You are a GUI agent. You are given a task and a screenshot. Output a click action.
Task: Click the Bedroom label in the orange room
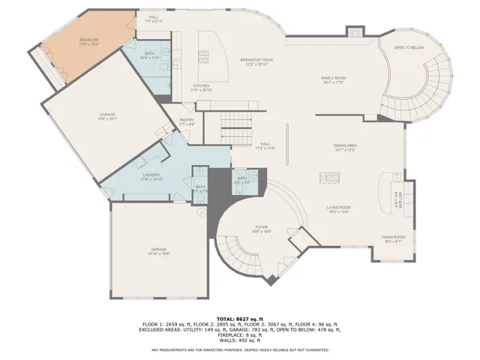(89, 42)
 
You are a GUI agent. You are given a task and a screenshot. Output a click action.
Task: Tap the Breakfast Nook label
(256, 61)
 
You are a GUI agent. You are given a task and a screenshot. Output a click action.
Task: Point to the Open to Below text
(409, 48)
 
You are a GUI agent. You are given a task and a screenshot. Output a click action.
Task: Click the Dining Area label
(344, 147)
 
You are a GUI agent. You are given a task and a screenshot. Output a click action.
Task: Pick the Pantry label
(187, 121)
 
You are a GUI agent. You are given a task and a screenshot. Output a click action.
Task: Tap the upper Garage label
(107, 116)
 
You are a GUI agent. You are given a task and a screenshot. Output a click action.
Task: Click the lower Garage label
(158, 251)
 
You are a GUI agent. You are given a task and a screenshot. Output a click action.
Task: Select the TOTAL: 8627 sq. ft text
(240, 319)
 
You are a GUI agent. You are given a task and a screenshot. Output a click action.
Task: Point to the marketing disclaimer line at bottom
(240, 350)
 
